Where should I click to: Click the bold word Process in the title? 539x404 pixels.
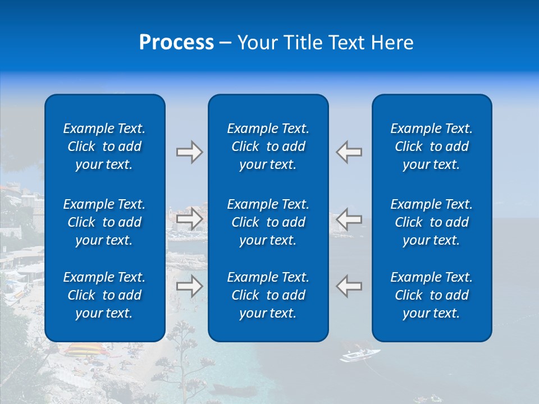pos(176,43)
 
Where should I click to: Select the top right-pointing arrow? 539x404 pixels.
pos(189,152)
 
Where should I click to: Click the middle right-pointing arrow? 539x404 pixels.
pos(189,218)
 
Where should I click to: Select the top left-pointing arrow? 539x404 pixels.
pos(349,152)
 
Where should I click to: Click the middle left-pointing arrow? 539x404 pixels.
pos(349,218)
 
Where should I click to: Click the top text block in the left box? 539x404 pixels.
pos(104,146)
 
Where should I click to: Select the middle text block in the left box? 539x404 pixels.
pos(104,222)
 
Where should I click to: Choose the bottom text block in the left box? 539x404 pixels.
pos(104,295)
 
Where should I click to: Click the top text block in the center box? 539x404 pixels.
pos(268,146)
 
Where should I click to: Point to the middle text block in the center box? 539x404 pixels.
pos(268,222)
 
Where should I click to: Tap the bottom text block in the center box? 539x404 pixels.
pos(268,295)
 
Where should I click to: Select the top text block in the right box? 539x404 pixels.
pos(431,146)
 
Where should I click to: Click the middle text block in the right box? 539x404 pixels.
pos(431,222)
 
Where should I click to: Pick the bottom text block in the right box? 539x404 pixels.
pos(431,295)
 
